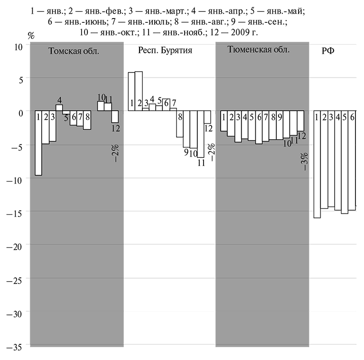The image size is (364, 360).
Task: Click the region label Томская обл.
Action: tap(74, 51)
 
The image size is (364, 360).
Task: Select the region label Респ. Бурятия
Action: tap(165, 50)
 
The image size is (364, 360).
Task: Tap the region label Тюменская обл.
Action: tap(258, 50)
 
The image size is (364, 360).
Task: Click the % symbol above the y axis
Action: tap(32, 36)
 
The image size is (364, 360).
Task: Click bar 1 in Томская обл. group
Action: tap(38, 142)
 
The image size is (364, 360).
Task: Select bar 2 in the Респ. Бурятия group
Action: tap(139, 91)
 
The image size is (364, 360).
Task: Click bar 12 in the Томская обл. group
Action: tap(115, 116)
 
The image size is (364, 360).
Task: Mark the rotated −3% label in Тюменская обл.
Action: tap(304, 161)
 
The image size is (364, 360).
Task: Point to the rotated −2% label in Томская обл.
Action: tap(116, 152)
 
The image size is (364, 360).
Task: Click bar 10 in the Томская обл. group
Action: tap(101, 106)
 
